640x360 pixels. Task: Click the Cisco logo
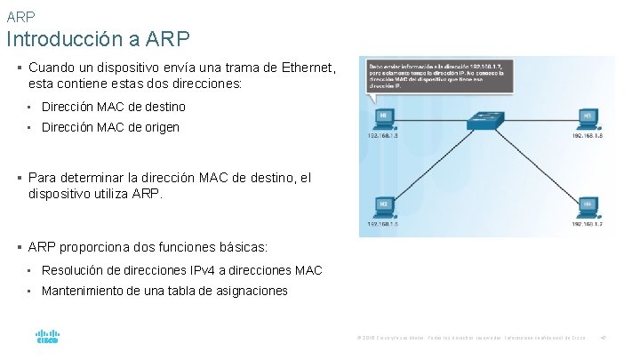coord(47,338)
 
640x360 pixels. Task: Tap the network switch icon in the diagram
coord(486,120)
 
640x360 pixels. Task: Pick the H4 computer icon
coord(588,206)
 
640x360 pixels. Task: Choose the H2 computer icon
coord(383,206)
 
